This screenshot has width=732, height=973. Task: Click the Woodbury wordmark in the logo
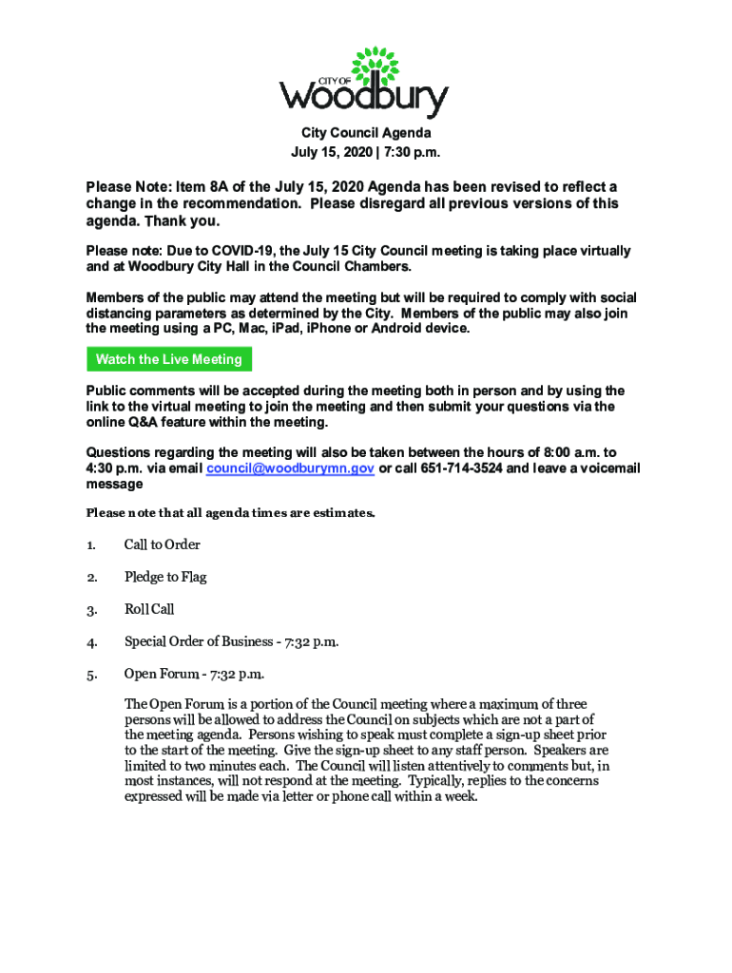coord(363,96)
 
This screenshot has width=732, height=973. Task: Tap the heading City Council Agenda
coord(366,134)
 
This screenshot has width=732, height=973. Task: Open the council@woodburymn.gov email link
coord(290,468)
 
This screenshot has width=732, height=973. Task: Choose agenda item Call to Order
coord(162,544)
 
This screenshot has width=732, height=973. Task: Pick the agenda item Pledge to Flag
coord(165,577)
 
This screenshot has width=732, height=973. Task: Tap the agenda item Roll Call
coord(149,609)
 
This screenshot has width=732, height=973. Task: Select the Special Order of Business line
coord(232,641)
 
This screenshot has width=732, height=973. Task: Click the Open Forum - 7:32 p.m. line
coord(194,674)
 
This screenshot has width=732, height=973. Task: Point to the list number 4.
coord(91,642)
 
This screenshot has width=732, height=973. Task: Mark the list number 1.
coord(91,545)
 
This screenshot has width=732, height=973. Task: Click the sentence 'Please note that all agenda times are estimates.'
coord(231,513)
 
